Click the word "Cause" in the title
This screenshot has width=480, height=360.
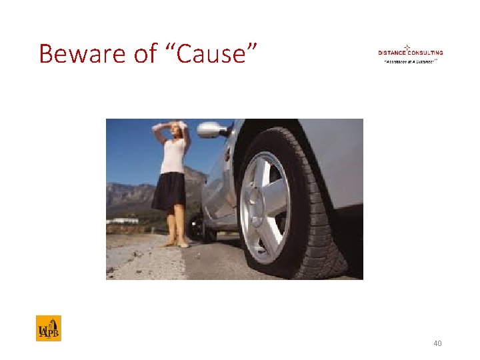pyautogui.click(x=217, y=53)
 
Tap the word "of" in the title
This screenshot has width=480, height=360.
pyautogui.click(x=145, y=53)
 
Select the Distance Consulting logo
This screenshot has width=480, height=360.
pyautogui.click(x=410, y=53)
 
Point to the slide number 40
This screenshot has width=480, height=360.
pyautogui.click(x=437, y=343)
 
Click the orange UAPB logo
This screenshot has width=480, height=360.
pyautogui.click(x=48, y=328)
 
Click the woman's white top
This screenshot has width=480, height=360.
pyautogui.click(x=173, y=155)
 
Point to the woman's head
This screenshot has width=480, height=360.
pyautogui.click(x=177, y=128)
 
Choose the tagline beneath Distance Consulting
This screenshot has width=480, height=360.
pyautogui.click(x=409, y=61)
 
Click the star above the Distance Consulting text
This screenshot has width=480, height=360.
pyautogui.click(x=407, y=47)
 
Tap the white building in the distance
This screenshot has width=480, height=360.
pyautogui.click(x=123, y=221)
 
